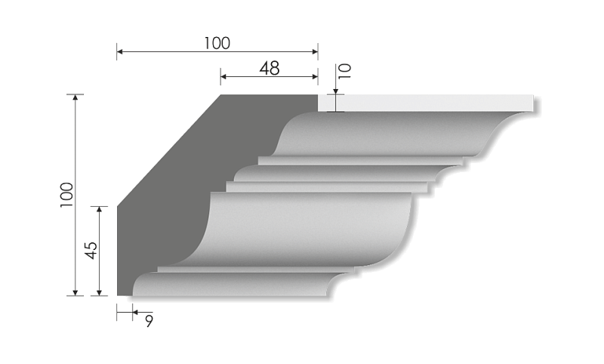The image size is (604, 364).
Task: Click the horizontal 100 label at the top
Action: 217,43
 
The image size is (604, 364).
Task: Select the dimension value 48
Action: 269,68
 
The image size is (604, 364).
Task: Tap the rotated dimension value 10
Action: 344,72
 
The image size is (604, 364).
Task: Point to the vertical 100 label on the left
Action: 66,195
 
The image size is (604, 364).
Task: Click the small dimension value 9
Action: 149,320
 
